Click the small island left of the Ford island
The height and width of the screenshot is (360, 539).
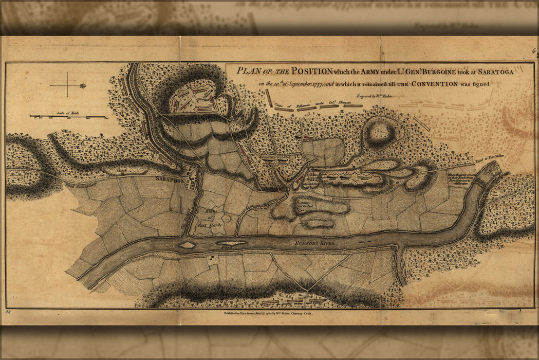point(187,245)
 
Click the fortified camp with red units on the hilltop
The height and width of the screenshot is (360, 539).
point(196,99)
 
